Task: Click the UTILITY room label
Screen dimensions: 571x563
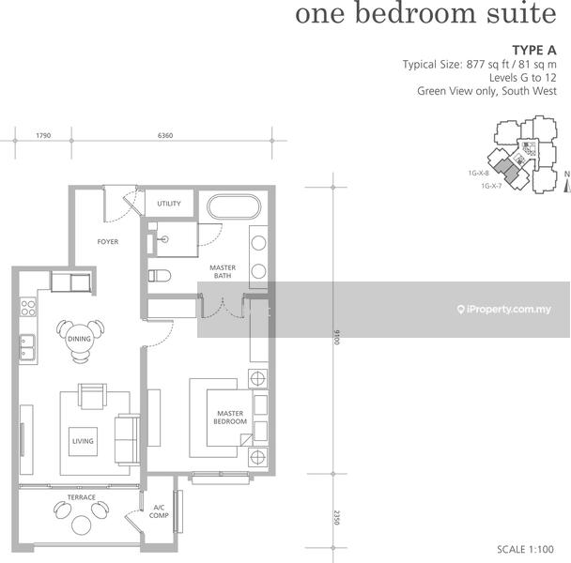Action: click(169, 204)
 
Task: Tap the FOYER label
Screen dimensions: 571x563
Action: click(108, 242)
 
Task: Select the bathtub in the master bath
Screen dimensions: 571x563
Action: click(234, 206)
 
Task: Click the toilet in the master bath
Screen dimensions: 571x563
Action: click(160, 276)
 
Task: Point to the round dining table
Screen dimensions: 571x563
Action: click(80, 339)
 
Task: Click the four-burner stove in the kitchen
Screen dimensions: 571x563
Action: click(28, 308)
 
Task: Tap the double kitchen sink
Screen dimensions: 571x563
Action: click(27, 347)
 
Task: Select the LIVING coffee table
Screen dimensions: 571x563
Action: click(83, 441)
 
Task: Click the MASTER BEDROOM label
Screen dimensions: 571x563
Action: click(230, 418)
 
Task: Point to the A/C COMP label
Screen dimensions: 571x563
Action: click(159, 511)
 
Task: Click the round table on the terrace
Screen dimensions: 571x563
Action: click(81, 525)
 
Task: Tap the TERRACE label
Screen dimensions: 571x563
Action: click(81, 497)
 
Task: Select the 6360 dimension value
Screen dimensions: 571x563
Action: click(165, 135)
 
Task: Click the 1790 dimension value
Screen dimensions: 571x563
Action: click(43, 135)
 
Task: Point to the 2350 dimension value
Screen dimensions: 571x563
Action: click(336, 518)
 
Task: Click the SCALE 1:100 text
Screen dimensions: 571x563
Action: click(525, 549)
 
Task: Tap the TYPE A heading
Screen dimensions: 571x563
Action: click(534, 51)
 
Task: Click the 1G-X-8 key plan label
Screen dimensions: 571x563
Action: click(479, 174)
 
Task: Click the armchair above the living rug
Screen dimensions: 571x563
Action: click(92, 396)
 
